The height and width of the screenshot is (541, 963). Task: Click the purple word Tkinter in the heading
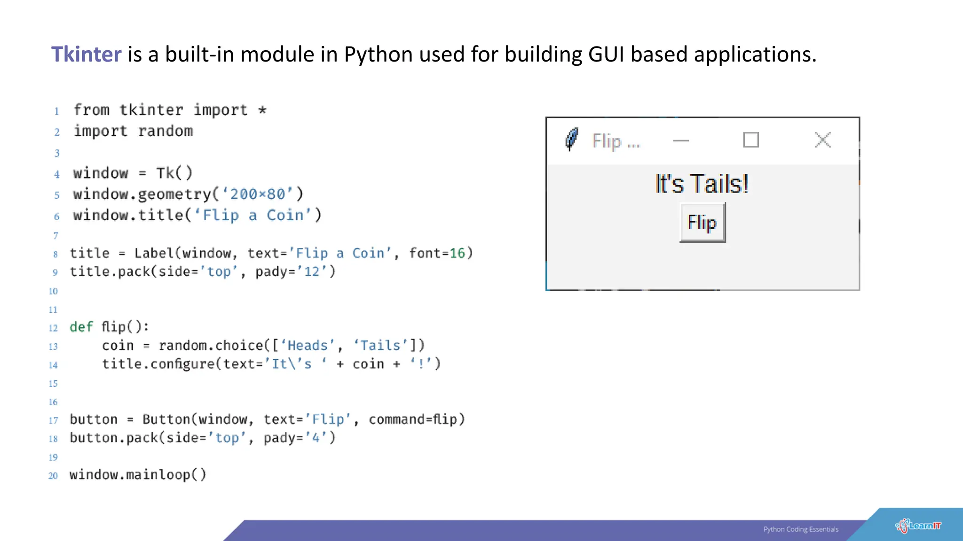[x=86, y=54]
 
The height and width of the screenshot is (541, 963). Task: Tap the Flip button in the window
[x=702, y=223]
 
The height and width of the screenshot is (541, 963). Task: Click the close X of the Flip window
[x=822, y=140]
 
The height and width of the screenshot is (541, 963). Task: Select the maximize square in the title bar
[x=750, y=140]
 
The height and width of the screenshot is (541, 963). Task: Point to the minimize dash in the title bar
[x=680, y=140]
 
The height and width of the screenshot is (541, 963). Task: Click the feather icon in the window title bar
[x=571, y=139]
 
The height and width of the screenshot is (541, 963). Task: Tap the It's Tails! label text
[x=702, y=184]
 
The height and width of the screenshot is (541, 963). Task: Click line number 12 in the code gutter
[x=53, y=328]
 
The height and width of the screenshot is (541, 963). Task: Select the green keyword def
[x=81, y=327]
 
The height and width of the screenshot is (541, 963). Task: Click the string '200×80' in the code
[x=257, y=194]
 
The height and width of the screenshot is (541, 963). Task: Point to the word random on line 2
[x=165, y=131]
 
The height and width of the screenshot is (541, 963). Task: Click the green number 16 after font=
[x=457, y=253]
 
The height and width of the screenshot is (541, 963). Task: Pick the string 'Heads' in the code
[x=308, y=346]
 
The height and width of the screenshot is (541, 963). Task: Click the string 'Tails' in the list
[x=380, y=346]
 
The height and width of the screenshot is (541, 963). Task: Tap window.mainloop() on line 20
[x=138, y=475]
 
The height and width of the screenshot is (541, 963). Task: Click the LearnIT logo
[x=918, y=526]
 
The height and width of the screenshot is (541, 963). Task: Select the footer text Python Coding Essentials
[x=801, y=529]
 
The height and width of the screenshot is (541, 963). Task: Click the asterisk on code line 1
[x=262, y=110]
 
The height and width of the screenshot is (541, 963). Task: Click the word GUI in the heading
[x=606, y=54]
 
